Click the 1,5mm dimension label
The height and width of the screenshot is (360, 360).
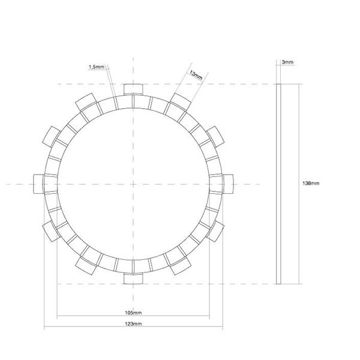97,67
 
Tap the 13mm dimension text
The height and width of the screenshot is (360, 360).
196,75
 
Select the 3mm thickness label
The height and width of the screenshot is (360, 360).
287,62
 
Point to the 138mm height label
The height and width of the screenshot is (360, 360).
311,183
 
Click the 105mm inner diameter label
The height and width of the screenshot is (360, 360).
133,313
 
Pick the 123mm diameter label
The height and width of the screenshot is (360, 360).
133,324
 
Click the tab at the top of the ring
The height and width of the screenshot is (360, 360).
133,89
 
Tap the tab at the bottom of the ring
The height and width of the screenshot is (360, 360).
133,278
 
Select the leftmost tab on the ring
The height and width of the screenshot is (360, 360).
38,184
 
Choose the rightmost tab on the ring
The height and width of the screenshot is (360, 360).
228,184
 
